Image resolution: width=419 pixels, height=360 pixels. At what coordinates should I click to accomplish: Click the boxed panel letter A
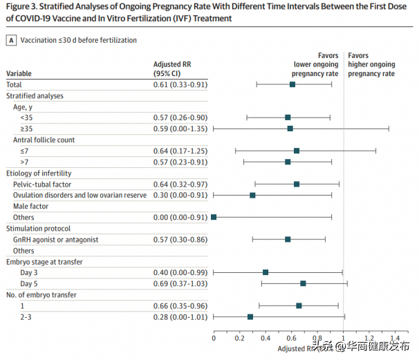(11, 41)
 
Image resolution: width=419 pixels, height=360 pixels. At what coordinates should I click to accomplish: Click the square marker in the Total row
(292, 84)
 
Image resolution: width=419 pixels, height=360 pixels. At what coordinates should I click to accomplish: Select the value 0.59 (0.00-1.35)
(180, 129)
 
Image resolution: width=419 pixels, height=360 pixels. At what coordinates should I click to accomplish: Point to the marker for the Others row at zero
(214, 217)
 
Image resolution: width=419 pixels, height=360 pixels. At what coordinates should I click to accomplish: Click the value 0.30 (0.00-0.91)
(180, 196)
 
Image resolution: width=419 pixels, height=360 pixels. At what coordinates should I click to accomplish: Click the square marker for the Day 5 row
(303, 283)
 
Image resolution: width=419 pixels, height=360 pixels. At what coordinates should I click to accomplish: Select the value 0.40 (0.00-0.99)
(180, 273)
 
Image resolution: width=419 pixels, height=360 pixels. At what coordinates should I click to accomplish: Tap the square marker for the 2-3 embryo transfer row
(250, 316)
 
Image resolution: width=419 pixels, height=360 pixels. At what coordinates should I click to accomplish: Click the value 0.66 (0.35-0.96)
(180, 306)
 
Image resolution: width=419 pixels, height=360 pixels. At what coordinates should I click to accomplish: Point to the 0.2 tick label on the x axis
(239, 339)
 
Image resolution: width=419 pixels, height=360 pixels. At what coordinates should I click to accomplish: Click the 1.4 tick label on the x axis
(395, 339)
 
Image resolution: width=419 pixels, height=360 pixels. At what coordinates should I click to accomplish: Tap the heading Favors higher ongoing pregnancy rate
(371, 64)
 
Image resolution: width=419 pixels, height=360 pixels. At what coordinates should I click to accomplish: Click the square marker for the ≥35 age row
(290, 129)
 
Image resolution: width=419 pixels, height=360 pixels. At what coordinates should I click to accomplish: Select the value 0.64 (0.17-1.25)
(180, 151)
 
